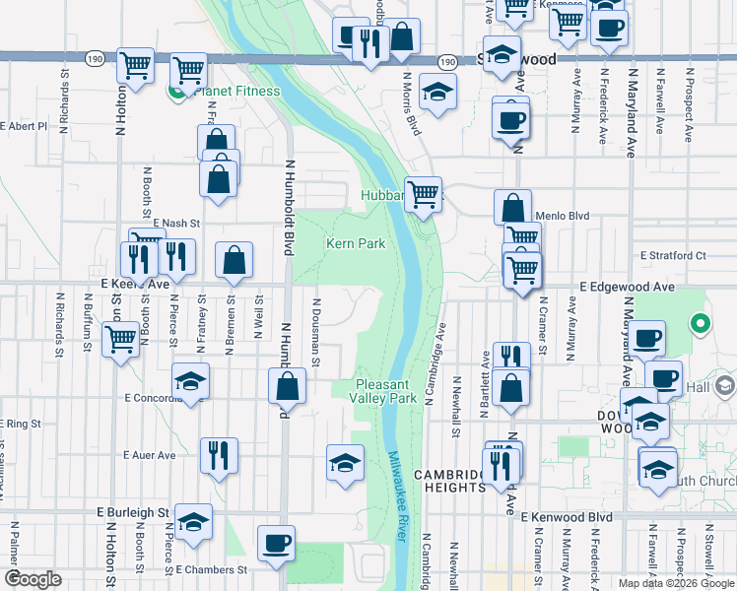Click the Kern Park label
pyautogui.click(x=356, y=243)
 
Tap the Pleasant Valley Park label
pyautogui.click(x=384, y=391)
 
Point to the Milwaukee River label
pyautogui.click(x=397, y=495)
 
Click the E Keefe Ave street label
pyautogui.click(x=135, y=284)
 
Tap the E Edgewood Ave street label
pyautogui.click(x=627, y=286)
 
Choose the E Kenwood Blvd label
pyautogui.click(x=567, y=516)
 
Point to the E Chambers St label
pyautogui.click(x=212, y=569)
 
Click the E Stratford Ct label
pyautogui.click(x=673, y=255)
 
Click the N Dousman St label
pyautogui.click(x=316, y=332)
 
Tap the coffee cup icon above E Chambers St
pyautogui.click(x=276, y=543)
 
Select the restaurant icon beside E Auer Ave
pyautogui.click(x=218, y=456)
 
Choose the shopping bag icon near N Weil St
pyautogui.click(x=234, y=261)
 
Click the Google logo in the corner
pyautogui.click(x=33, y=578)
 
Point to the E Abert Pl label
pyautogui.click(x=24, y=126)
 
